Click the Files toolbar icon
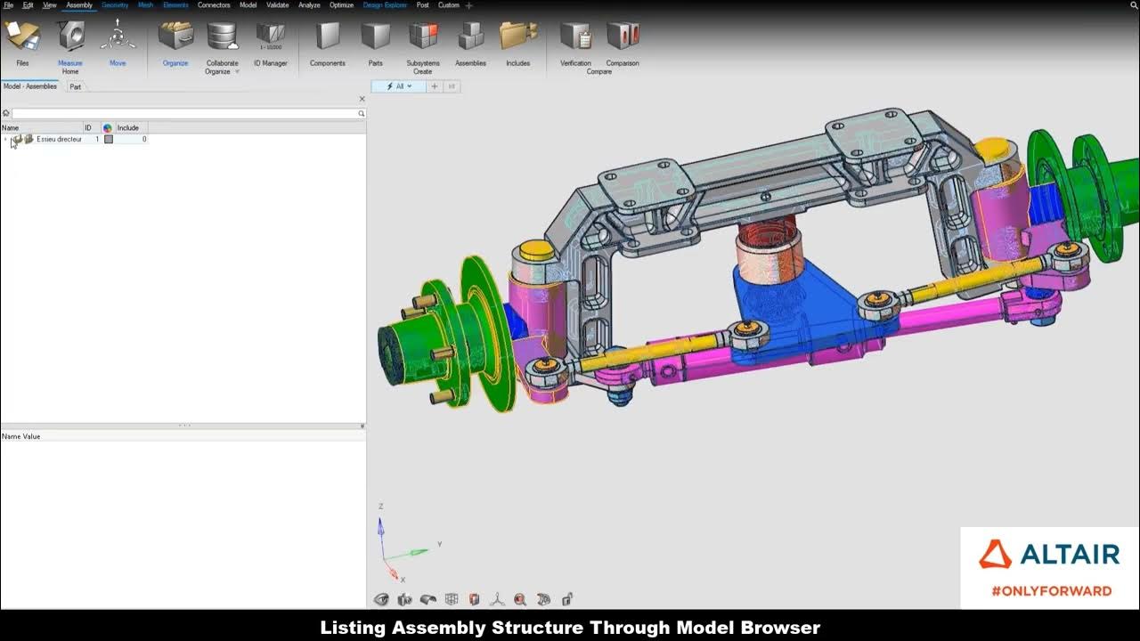[22, 37]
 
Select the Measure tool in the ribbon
[70, 37]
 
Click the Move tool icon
[118, 37]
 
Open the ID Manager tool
[271, 37]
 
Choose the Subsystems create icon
[422, 37]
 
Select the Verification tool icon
[575, 37]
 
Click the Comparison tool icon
[623, 37]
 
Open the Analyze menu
[309, 5]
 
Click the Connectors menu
[214, 5]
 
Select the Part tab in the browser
[76, 87]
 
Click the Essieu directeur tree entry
[59, 140]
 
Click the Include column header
[128, 128]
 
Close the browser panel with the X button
[362, 99]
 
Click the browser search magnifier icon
[361, 114]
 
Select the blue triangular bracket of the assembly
[802, 303]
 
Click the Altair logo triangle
[995, 555]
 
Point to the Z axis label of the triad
[381, 507]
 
